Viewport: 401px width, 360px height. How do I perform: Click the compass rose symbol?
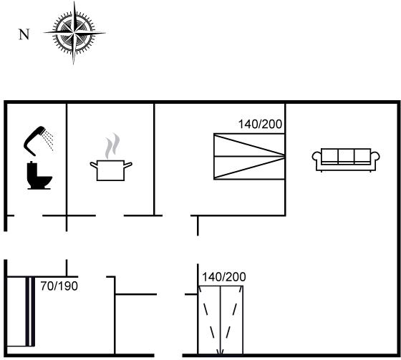point(74,33)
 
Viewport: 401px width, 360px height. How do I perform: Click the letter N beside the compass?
point(24,34)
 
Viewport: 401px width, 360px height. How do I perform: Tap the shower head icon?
point(34,140)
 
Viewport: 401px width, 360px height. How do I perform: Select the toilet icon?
point(39,175)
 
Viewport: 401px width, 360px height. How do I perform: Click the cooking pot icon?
point(111,170)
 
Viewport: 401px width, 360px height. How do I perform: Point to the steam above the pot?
point(112,146)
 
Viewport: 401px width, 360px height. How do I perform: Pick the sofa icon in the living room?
point(346,160)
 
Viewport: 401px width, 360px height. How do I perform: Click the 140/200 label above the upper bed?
point(260,125)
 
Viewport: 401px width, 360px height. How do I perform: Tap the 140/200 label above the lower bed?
point(224,277)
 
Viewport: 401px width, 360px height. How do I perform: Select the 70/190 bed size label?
point(59,286)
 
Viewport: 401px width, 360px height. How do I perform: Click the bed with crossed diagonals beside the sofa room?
point(249,156)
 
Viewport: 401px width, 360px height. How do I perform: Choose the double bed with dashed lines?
point(221,320)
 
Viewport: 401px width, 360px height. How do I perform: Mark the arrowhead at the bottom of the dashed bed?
point(221,352)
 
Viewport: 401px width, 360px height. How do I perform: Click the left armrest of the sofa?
point(317,157)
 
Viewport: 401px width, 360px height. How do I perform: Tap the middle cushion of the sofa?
point(346,155)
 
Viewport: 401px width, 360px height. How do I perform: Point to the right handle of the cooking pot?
point(128,165)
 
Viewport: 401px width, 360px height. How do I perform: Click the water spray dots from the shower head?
point(49,140)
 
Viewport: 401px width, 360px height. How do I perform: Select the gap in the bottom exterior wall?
point(168,355)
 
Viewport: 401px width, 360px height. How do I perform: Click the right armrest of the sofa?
point(375,157)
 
